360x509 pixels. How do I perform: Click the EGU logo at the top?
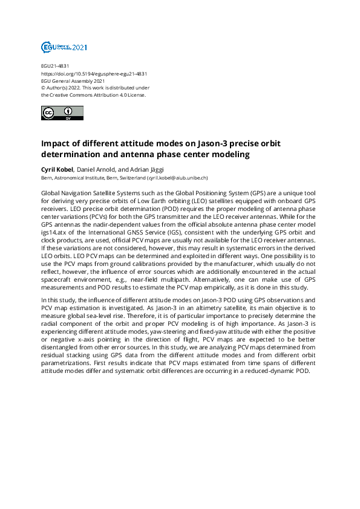(64, 47)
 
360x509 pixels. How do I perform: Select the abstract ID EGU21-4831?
(54, 66)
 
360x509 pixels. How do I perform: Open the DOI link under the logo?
(94, 73)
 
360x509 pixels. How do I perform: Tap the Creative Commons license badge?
(62, 113)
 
